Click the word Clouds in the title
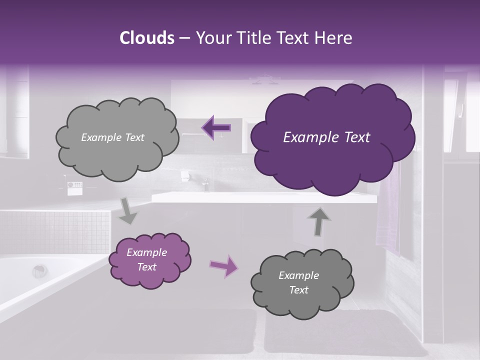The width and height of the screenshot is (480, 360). click(147, 38)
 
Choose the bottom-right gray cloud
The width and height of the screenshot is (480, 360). click(302, 282)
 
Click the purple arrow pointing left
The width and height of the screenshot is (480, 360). click(216, 127)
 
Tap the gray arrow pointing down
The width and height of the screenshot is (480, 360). click(128, 210)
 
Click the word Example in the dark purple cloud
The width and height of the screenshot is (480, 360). click(306, 137)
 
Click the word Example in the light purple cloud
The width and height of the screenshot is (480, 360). click(147, 252)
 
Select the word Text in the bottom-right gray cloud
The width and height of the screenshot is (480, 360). click(298, 290)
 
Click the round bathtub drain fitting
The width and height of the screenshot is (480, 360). click(39, 271)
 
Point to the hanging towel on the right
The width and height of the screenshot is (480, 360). click(388, 210)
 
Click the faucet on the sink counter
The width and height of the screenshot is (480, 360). click(205, 185)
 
